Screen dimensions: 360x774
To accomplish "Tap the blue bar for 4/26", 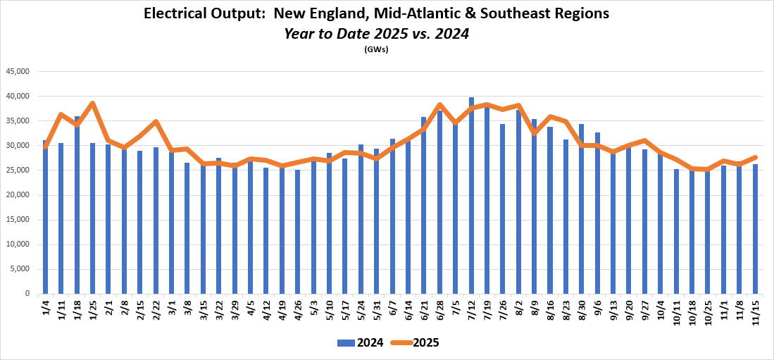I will coord(297,232).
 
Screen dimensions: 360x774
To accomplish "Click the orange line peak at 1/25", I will coord(92,104).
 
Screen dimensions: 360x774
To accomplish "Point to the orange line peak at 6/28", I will coord(439,105).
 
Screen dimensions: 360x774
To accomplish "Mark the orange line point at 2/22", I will coord(156,122).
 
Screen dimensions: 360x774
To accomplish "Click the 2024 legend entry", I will coord(361,343).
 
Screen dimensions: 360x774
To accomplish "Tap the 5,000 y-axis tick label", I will coord(22,269).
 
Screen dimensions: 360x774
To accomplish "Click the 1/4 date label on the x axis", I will coord(46,309).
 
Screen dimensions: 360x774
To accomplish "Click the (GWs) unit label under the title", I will coord(376,49).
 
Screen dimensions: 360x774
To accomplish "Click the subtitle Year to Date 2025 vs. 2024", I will coord(376,32).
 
